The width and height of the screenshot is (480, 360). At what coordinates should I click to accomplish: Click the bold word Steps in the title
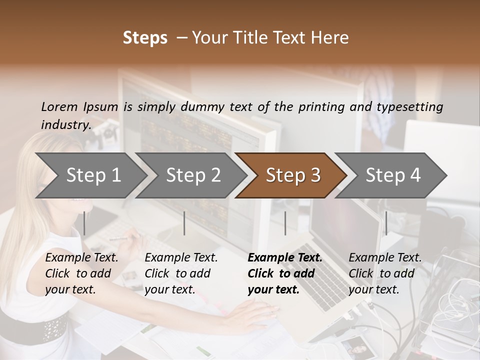click(145, 38)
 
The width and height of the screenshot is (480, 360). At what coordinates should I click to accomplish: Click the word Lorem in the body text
click(59, 106)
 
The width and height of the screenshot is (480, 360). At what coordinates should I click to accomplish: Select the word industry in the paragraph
click(65, 124)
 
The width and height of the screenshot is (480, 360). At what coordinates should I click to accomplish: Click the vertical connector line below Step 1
click(84, 223)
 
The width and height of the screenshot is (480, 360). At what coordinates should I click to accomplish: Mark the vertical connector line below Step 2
click(184, 223)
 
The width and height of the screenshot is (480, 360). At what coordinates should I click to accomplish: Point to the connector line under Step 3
click(285, 223)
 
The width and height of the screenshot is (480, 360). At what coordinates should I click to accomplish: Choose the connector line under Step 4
click(386, 223)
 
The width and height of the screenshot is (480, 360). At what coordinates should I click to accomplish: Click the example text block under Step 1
click(81, 273)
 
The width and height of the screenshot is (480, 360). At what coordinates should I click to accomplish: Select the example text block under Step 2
click(181, 273)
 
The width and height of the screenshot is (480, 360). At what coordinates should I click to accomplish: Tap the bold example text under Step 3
click(285, 273)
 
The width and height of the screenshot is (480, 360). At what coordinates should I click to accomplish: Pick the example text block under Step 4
click(385, 273)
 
